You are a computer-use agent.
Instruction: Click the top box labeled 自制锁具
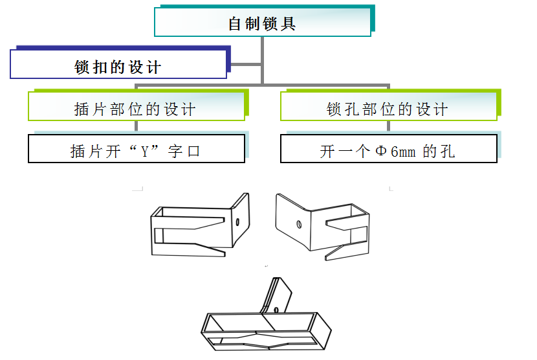[262, 23]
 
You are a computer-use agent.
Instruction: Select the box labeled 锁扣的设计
[118, 67]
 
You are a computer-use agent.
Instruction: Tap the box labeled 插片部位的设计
[136, 108]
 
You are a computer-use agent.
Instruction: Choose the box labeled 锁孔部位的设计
[388, 108]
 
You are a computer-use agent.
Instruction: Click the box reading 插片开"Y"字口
[136, 150]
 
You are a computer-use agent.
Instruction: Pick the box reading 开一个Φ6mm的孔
[388, 150]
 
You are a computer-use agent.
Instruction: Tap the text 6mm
[403, 152]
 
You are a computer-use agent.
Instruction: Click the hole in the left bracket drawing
[238, 221]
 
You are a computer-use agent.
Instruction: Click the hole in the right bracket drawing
[298, 225]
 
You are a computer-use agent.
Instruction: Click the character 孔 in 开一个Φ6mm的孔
[447, 152]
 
